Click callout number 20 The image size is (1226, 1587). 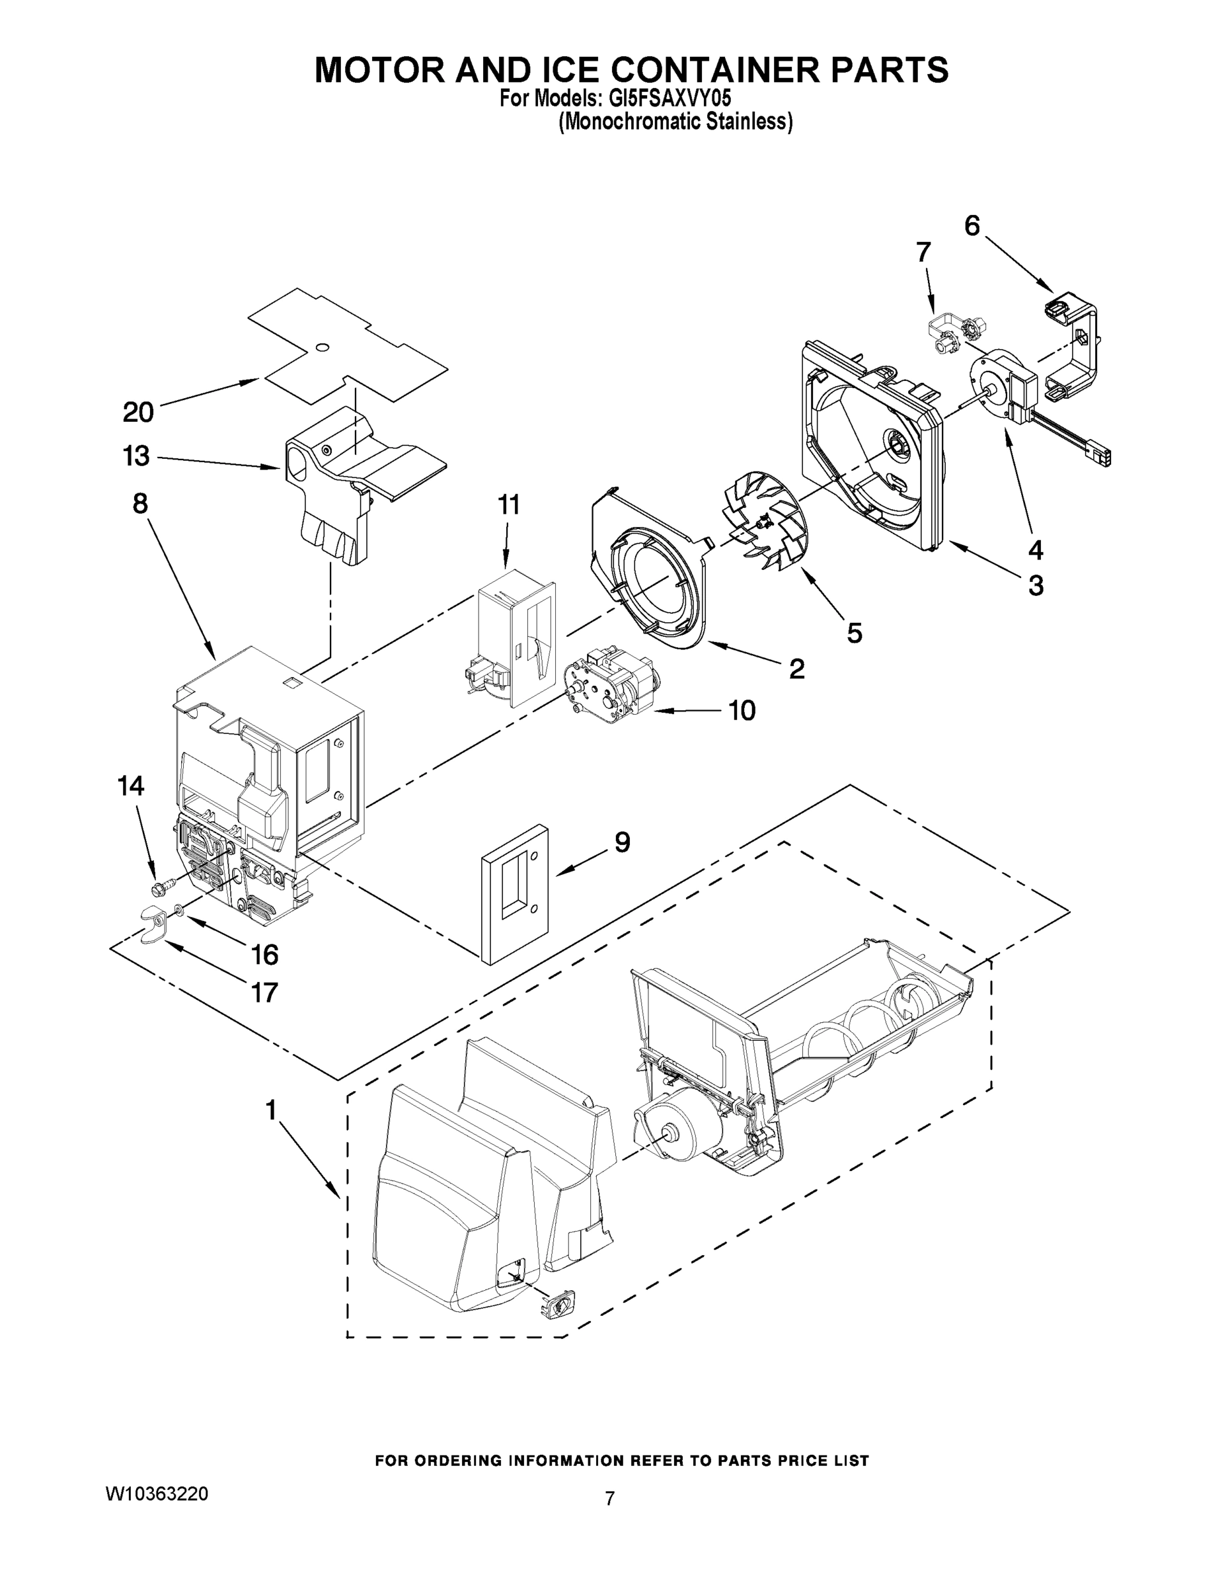click(x=138, y=412)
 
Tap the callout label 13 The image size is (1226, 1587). click(x=136, y=456)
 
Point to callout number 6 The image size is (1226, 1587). click(x=972, y=226)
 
